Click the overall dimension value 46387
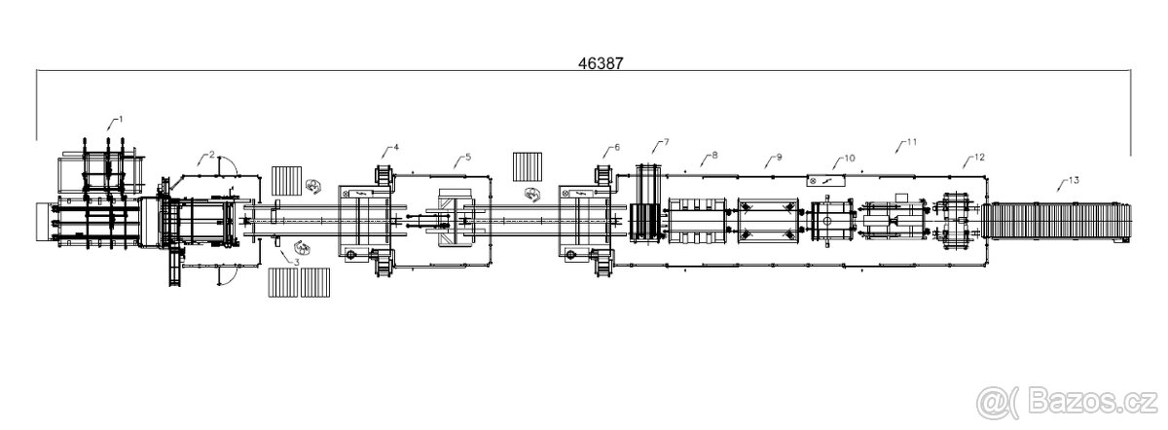(601, 63)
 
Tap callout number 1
(121, 120)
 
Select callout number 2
(212, 155)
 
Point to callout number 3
(297, 262)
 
